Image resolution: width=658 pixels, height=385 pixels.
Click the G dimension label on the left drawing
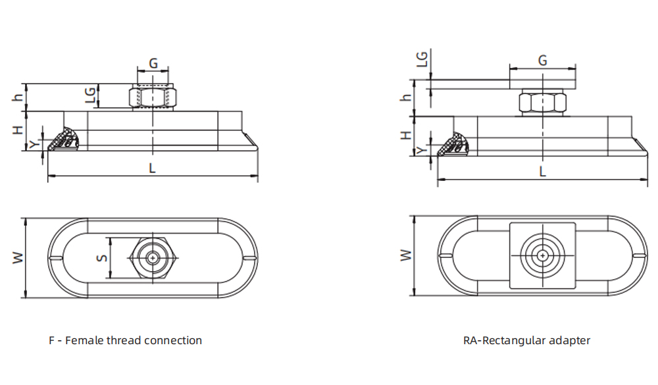point(153,63)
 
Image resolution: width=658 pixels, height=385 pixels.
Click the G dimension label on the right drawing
point(543,61)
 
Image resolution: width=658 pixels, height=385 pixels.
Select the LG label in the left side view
point(91,97)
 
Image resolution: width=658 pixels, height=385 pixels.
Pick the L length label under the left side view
point(152,168)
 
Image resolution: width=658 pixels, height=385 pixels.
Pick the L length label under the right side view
point(542,171)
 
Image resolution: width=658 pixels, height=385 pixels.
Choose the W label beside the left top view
point(18,257)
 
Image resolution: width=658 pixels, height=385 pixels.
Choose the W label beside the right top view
point(406,255)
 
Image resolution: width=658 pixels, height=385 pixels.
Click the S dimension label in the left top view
point(102,258)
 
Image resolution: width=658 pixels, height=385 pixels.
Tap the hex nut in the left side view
point(153,97)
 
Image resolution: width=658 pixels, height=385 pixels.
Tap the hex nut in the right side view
point(542,104)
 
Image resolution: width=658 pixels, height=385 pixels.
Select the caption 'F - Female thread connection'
point(125,340)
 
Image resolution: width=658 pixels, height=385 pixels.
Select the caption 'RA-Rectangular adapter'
point(526,340)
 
